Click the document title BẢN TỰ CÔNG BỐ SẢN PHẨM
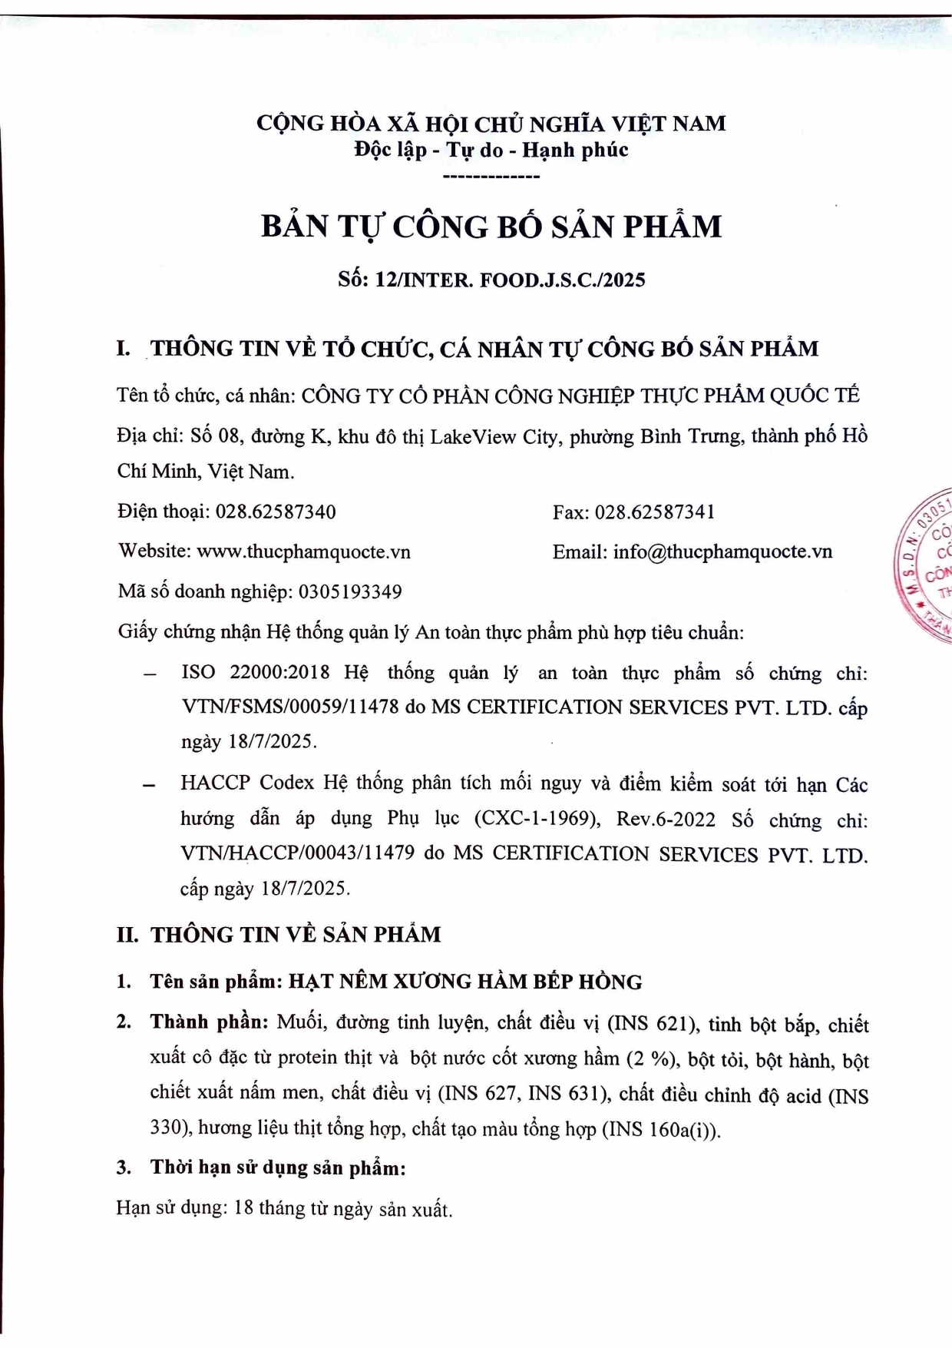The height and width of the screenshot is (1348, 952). [x=491, y=227]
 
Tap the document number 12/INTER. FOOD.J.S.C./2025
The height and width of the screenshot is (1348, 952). [x=510, y=280]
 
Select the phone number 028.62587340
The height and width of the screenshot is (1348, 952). [x=276, y=512]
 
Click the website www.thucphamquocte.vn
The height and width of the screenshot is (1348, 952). [x=303, y=551]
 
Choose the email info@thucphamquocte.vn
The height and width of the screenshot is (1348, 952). [x=722, y=551]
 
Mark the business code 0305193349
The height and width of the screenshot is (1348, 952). [x=350, y=591]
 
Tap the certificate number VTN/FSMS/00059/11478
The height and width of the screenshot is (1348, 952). [x=290, y=707]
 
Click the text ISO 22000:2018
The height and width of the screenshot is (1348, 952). [x=255, y=672]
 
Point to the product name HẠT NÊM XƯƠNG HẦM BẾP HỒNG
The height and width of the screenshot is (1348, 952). [x=465, y=982]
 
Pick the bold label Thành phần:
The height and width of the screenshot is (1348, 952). [x=209, y=1022]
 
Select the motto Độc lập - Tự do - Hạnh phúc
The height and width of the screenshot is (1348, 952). [x=491, y=150]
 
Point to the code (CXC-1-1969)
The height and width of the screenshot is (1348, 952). [x=537, y=819]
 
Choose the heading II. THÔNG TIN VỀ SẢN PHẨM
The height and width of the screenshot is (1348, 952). [x=279, y=935]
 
